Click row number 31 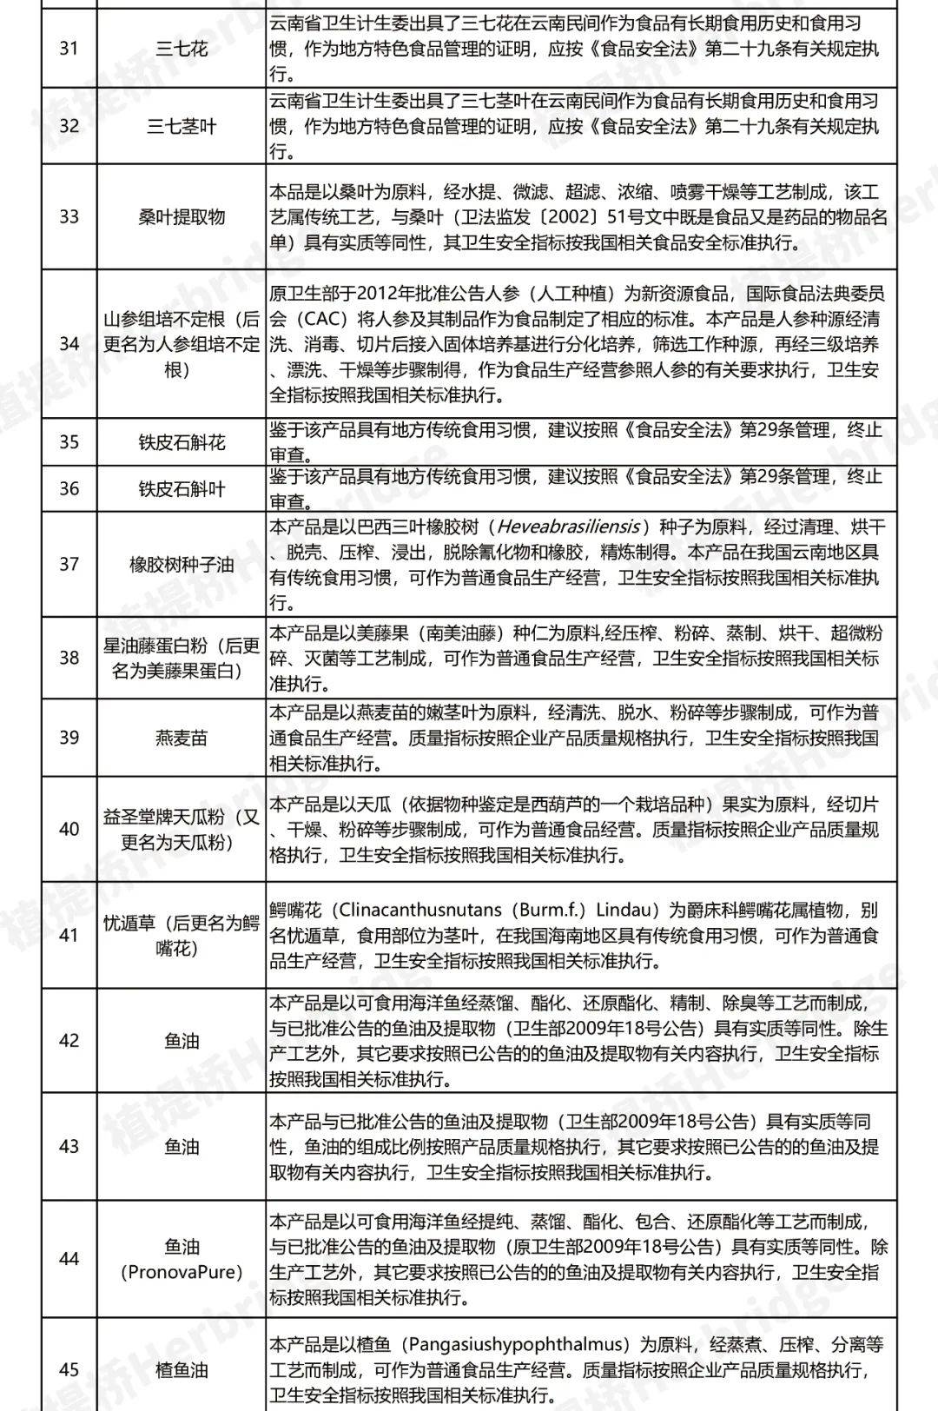69,48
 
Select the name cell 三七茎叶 182,126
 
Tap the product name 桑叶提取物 182,216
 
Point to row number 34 69,344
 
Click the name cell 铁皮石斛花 182,442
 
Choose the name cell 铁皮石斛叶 182,489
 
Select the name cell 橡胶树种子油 182,565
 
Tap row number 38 69,658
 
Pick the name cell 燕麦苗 182,739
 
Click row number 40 69,829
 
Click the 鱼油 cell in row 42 182,1041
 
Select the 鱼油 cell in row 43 182,1146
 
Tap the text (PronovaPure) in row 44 182,1272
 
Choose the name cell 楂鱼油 182,1370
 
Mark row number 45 69,1370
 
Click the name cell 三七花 182,48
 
